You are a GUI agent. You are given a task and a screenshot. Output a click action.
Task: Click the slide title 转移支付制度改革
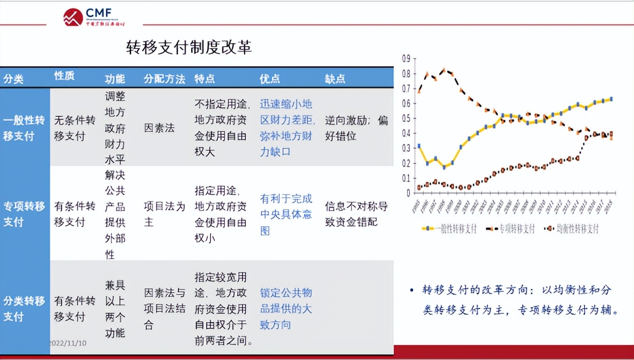point(189,47)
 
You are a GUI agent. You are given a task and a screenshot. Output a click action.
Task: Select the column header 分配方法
point(164,79)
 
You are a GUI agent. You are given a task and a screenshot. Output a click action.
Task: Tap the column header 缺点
point(335,79)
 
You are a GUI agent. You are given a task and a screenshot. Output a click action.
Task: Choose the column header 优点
point(269,79)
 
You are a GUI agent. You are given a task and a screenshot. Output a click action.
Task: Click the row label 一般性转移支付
point(24,128)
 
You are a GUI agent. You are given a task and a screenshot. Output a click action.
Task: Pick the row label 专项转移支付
point(24,214)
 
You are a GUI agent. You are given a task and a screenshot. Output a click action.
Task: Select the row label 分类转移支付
point(24,309)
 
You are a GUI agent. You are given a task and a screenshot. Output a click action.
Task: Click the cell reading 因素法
point(159,128)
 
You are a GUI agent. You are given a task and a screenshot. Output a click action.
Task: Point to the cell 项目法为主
point(164,214)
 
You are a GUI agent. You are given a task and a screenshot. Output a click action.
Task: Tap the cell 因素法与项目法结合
point(164,309)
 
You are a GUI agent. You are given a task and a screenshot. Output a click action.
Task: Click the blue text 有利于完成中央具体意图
point(286,215)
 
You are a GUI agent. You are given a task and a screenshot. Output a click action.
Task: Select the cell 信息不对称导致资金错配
point(356,214)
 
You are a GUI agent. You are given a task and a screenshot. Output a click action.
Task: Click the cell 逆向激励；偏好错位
point(356,128)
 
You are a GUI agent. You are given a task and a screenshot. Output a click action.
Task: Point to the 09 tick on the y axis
point(406,58)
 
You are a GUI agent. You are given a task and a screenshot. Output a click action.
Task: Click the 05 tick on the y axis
point(406,118)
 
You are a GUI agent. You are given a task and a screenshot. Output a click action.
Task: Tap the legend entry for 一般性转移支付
point(450,229)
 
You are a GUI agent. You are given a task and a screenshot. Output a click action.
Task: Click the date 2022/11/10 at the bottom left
point(68,343)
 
